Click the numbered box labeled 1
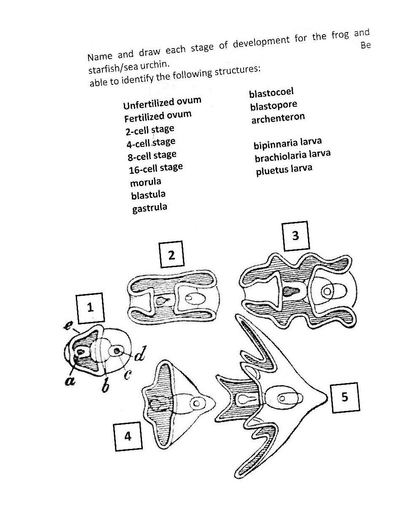pyautogui.click(x=90, y=308)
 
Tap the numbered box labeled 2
pyautogui.click(x=172, y=254)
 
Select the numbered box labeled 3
pyautogui.click(x=295, y=235)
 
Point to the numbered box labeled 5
pyautogui.click(x=345, y=397)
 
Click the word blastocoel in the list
pyautogui.click(x=271, y=92)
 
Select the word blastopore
pyautogui.click(x=273, y=105)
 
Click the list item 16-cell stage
pyautogui.click(x=155, y=168)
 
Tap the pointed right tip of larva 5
pyautogui.click(x=327, y=397)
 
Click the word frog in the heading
pyautogui.click(x=340, y=35)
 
